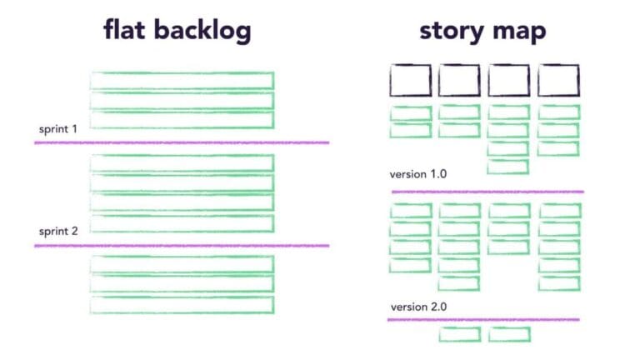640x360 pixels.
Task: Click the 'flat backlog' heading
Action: click(177, 31)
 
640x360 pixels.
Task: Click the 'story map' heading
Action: click(482, 31)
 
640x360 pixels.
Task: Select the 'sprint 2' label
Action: click(57, 231)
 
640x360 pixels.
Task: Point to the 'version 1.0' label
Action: click(418, 174)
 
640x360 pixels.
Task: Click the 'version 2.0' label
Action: click(418, 306)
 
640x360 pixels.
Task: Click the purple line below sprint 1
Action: click(182, 142)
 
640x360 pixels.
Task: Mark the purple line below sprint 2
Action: click(182, 245)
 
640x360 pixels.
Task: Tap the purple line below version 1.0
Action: click(487, 192)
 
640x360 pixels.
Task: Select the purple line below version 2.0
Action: click(483, 319)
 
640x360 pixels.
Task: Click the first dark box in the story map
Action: click(411, 81)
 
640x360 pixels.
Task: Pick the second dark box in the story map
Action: click(459, 81)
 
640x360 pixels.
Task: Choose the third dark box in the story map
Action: click(508, 81)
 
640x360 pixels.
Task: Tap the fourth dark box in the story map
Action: click(558, 81)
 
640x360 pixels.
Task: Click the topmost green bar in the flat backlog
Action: click(182, 80)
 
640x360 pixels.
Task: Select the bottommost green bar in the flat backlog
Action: click(182, 305)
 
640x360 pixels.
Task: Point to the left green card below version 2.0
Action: click(460, 334)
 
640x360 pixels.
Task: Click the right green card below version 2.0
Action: click(509, 334)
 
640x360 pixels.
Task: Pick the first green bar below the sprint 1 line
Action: click(182, 162)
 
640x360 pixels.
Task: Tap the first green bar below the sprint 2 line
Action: click(182, 264)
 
